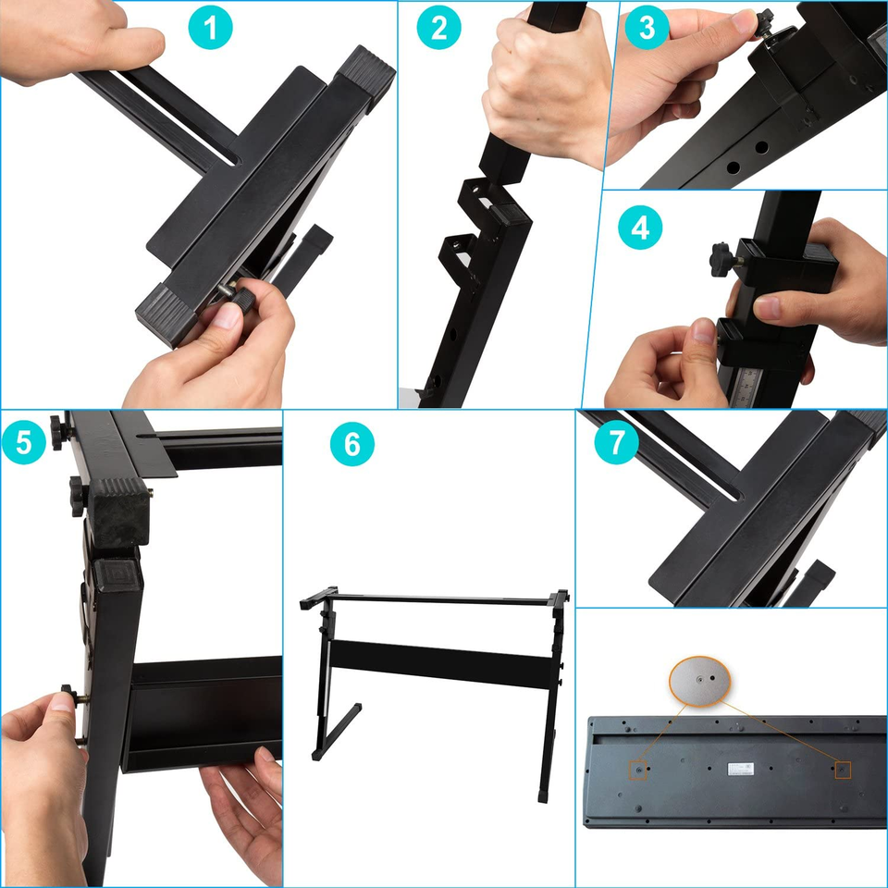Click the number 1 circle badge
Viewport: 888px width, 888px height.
pos(213,30)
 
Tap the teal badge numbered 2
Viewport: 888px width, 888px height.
pos(438,30)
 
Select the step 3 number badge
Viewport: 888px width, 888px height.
pos(647,28)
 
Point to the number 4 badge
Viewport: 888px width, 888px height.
pos(641,228)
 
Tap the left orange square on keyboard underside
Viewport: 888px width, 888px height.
pos(638,769)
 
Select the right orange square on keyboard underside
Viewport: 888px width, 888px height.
pos(843,769)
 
